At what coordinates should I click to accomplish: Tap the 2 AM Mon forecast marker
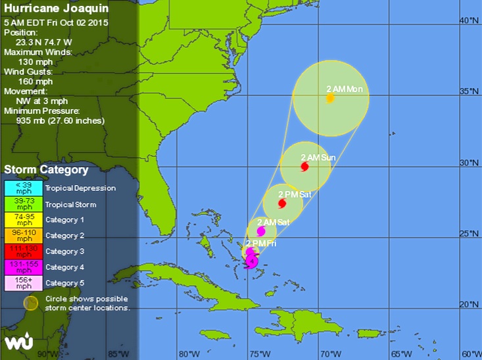click(329, 98)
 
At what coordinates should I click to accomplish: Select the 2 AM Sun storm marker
click(304, 167)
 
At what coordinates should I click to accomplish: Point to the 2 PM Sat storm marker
click(282, 203)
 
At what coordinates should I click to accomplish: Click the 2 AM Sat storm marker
click(260, 231)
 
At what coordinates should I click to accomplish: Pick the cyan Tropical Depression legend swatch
click(24, 188)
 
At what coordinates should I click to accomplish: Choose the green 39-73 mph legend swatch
click(24, 204)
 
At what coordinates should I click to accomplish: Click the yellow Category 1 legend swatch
click(24, 220)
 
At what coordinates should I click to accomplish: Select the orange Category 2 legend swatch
click(24, 236)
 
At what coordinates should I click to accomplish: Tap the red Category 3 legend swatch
click(24, 251)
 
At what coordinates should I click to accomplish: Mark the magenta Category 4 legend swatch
click(24, 267)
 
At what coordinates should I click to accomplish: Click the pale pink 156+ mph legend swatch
click(24, 283)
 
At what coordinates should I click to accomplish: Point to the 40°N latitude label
click(468, 20)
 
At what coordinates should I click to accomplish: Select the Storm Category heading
click(46, 170)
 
